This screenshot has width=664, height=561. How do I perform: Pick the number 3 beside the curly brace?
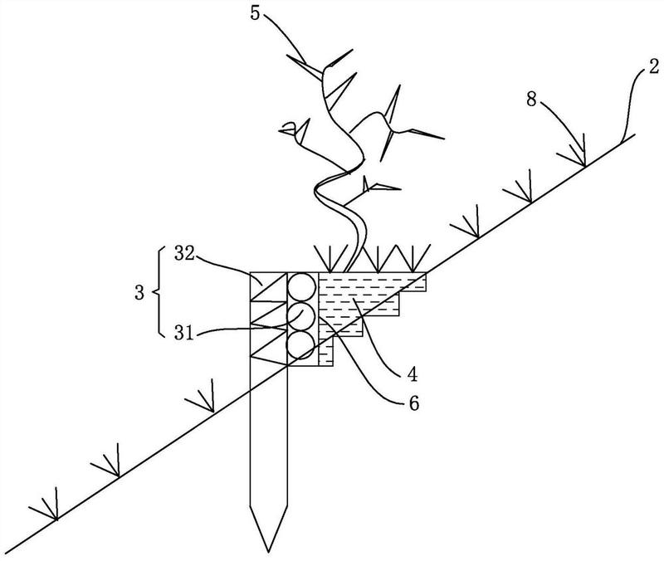(142, 293)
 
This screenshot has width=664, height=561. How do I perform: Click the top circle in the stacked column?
(301, 287)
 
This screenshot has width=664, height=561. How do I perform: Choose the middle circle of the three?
(301, 316)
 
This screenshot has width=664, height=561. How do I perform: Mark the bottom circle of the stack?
(301, 344)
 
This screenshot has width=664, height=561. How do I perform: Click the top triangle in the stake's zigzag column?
(267, 285)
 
